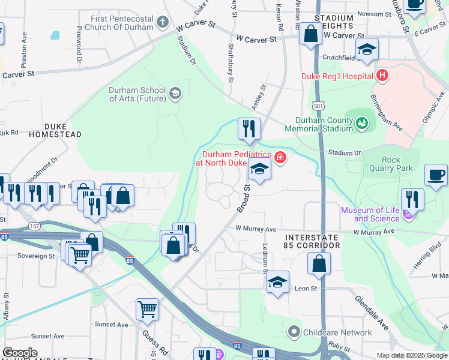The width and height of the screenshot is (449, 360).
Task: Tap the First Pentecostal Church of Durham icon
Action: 162,23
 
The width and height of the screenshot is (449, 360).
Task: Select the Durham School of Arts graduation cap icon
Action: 175,93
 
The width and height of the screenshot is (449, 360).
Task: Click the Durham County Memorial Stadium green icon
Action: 361,124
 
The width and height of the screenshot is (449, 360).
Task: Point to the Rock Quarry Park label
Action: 397,164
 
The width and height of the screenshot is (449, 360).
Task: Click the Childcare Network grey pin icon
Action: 294,331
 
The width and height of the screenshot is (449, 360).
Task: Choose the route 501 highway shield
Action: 319,106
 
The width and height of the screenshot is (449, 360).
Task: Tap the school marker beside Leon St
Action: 277,283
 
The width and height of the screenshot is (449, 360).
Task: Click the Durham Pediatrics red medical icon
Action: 279,158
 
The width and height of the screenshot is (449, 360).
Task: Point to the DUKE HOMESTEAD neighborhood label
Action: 62,130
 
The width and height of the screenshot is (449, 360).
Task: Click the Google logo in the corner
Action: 20,353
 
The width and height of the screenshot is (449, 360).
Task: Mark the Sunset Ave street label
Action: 114,325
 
